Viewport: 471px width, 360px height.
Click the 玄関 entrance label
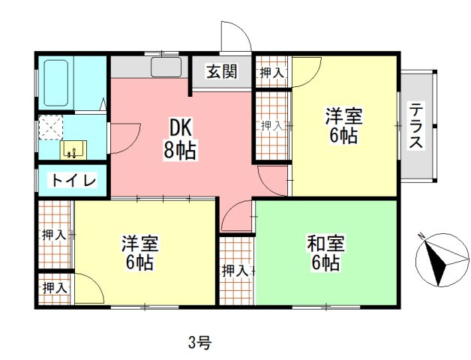pyautogui.click(x=222, y=72)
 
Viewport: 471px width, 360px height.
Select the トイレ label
pyautogui.click(x=73, y=181)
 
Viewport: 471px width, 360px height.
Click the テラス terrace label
pyautogui.click(x=416, y=126)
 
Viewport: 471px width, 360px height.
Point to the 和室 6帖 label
pyautogui.click(x=325, y=253)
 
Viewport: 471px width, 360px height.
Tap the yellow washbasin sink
pyautogui.click(x=73, y=149)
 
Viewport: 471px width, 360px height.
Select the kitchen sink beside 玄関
pyautogui.click(x=166, y=68)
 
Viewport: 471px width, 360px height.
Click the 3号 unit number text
pyautogui.click(x=199, y=343)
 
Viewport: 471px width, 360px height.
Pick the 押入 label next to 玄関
pyautogui.click(x=271, y=73)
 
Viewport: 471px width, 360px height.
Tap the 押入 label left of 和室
pyautogui.click(x=235, y=270)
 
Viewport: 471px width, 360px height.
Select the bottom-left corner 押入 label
pyautogui.click(x=54, y=287)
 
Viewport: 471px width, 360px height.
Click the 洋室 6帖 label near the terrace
pyautogui.click(x=344, y=126)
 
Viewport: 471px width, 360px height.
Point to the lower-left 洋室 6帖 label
pyautogui.click(x=139, y=253)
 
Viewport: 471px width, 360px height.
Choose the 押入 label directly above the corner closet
pyautogui.click(x=54, y=235)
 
